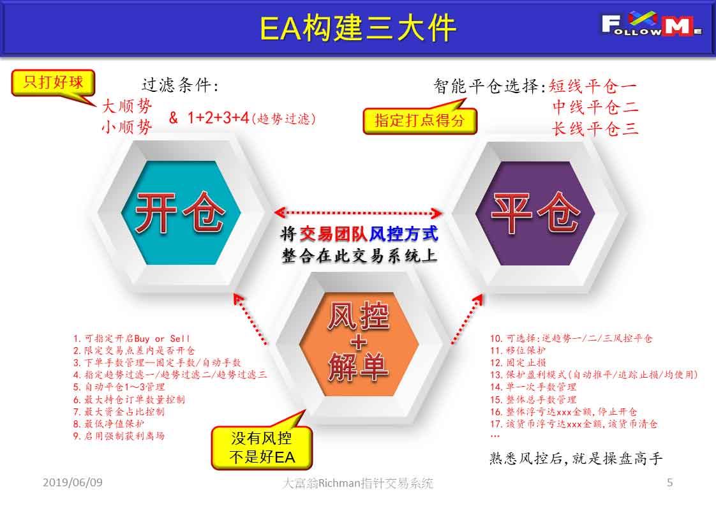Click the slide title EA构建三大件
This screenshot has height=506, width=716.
coord(357,28)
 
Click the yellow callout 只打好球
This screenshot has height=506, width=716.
coord(54,83)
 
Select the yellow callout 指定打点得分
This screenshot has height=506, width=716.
coord(420,120)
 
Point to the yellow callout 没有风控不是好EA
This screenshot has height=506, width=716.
coord(262,447)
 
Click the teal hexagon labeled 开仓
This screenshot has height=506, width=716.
coord(181,213)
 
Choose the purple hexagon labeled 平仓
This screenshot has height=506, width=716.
coord(535,213)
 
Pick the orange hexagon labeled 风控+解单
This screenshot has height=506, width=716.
coord(359,343)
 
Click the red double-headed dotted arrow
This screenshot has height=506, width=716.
coord(358,213)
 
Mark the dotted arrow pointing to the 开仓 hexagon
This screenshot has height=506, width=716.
coord(250,318)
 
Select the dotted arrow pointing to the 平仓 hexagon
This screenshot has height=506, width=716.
coord(466,319)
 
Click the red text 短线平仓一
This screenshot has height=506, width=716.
coord(593,86)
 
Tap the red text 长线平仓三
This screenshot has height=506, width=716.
coord(595,129)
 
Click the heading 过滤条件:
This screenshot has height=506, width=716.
coord(180,85)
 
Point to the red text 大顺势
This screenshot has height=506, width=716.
coord(126,106)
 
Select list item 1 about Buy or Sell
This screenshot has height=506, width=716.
coord(131,339)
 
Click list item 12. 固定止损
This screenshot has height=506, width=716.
coord(518,362)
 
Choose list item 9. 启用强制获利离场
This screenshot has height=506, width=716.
coord(119,436)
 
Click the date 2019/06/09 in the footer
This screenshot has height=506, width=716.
coord(73,482)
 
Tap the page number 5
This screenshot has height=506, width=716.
coord(670,482)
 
